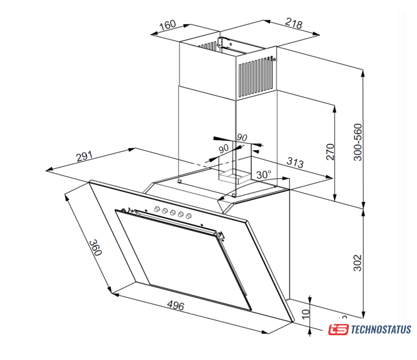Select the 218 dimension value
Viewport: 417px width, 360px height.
pos(293,24)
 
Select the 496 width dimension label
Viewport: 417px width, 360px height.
pos(176,305)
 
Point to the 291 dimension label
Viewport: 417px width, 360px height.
pos(85,157)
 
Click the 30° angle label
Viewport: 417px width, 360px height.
pos(264,174)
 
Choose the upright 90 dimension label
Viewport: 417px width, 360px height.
pos(242,137)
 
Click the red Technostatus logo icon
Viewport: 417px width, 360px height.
pos(338,330)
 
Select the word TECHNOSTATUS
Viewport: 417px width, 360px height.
pos(381,330)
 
